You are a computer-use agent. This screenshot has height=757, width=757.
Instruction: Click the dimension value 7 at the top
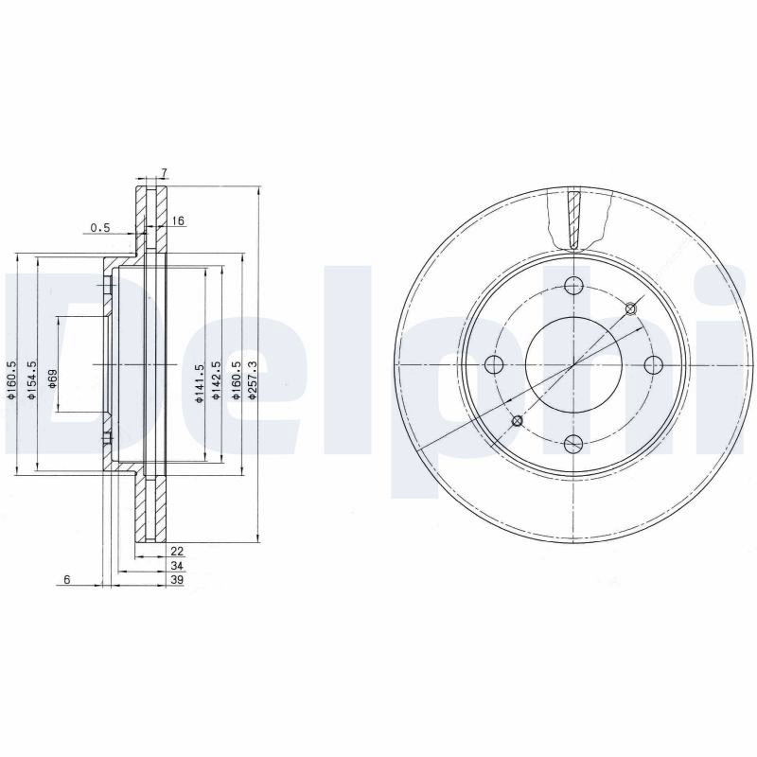(164, 172)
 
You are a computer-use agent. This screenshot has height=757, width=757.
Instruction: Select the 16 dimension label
(178, 221)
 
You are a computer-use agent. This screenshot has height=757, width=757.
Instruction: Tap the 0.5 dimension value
(100, 227)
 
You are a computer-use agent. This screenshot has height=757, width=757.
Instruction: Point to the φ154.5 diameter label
(32, 380)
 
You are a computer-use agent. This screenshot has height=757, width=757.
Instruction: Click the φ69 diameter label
(52, 378)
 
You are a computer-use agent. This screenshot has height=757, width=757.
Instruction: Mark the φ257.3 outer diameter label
(251, 380)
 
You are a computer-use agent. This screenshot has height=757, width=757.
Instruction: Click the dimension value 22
(177, 551)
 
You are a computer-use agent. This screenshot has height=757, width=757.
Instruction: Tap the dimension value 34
(177, 565)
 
